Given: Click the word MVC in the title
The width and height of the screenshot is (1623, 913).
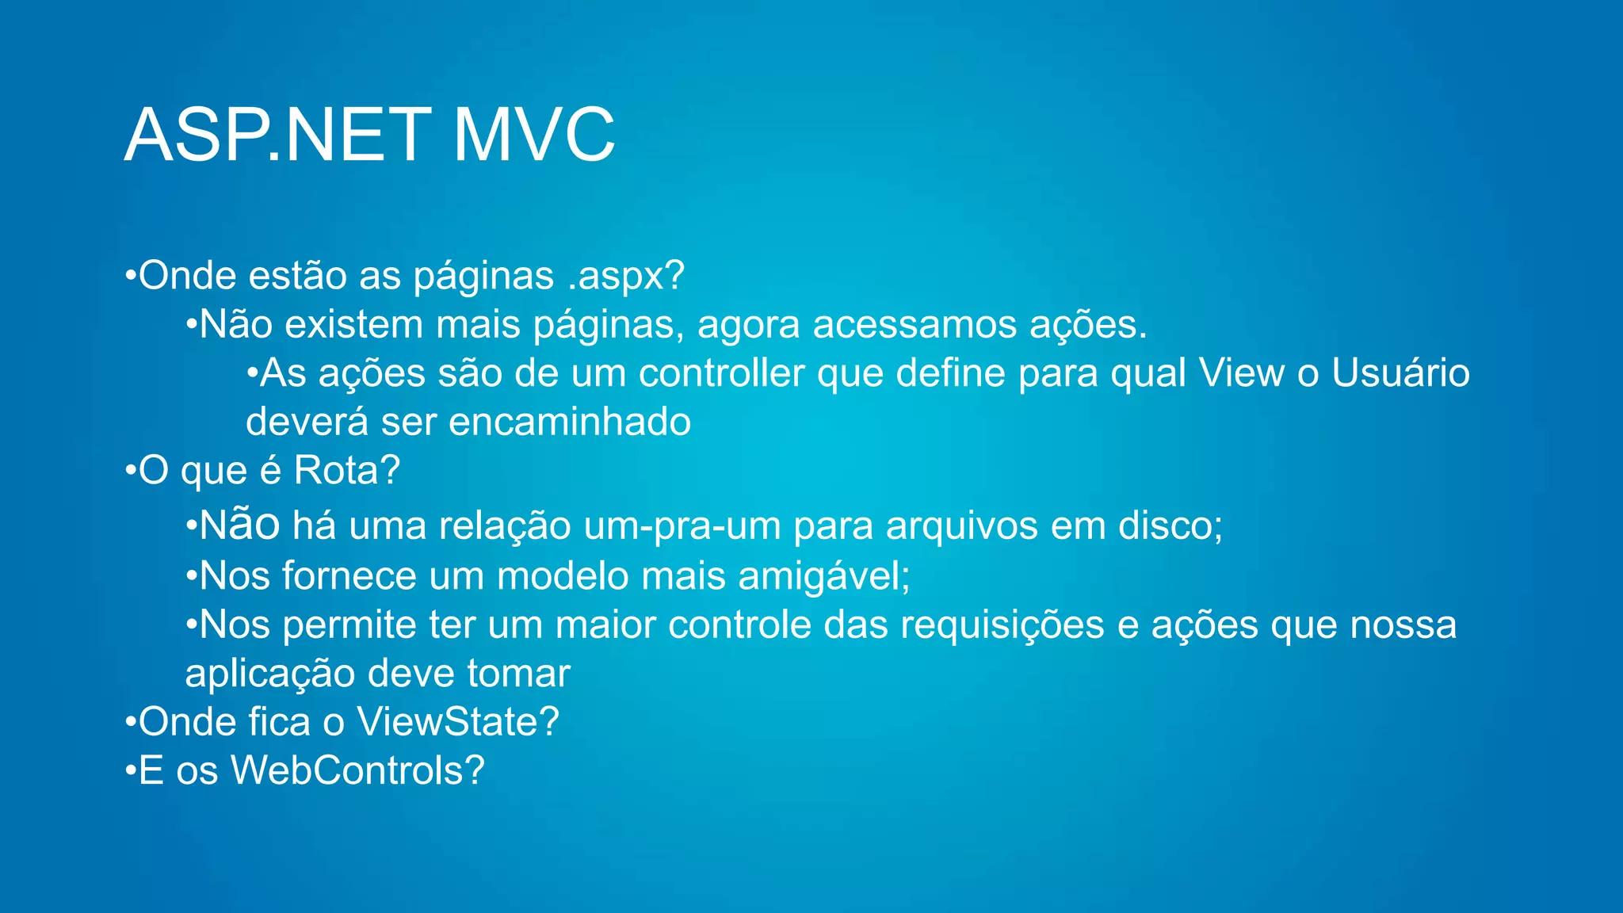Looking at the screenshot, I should pos(533,135).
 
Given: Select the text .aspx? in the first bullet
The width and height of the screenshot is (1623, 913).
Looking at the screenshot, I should pos(625,277).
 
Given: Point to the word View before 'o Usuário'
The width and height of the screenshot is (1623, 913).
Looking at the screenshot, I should pos(1241,373).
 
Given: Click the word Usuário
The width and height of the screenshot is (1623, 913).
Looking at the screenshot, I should pos(1400,373).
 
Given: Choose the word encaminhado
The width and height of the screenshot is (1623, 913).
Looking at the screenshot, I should pos(570,422).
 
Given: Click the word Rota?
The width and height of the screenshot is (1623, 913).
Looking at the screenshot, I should pos(347,471).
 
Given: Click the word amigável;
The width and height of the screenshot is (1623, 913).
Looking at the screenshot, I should pos(824,576).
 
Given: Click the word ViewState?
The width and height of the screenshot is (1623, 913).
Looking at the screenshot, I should pos(458,722).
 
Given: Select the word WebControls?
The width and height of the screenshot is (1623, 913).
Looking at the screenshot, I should pos(357,770).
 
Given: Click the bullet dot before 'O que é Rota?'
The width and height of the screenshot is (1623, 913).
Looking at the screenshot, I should pos(130,471).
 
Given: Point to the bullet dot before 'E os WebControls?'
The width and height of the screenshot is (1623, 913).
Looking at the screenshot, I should pos(130,770).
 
